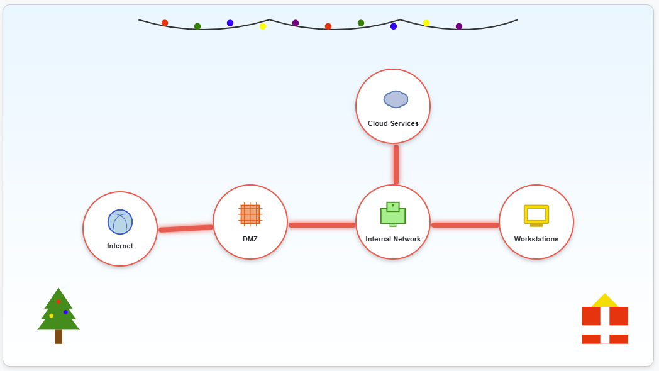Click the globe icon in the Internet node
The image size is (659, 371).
point(120,222)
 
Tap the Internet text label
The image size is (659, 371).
point(120,246)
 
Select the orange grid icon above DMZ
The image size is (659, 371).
point(250,214)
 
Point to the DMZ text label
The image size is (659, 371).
point(250,239)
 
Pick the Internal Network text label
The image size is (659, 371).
point(393,239)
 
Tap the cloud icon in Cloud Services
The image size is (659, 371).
point(396,99)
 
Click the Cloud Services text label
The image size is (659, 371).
point(393,123)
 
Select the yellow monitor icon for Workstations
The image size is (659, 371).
point(536,215)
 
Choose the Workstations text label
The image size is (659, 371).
point(536,239)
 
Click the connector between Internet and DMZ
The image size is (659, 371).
point(186,228)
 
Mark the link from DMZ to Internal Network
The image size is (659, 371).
point(322,224)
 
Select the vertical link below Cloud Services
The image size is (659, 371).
point(396,164)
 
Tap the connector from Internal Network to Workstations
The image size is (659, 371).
point(465,224)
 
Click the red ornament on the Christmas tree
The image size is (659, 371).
point(58,302)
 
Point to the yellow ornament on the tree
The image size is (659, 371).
point(52,316)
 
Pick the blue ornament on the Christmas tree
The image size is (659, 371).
point(65,312)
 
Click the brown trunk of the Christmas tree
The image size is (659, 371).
point(58,336)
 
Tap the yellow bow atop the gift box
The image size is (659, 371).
point(605,301)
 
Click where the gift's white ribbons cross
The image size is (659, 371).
point(605,330)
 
